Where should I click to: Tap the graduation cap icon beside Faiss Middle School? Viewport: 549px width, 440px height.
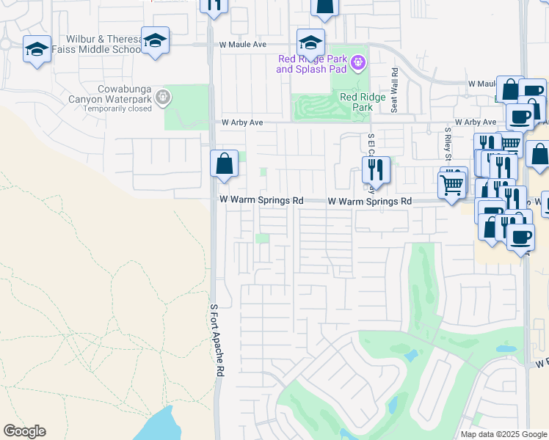(155, 41)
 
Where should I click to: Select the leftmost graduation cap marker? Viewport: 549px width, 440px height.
(37, 49)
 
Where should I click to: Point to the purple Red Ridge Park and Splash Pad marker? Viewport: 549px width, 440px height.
(357, 62)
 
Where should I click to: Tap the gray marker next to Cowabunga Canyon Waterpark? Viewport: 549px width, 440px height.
(163, 95)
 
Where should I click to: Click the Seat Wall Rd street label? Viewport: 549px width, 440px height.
(394, 91)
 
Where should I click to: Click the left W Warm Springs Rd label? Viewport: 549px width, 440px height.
(261, 200)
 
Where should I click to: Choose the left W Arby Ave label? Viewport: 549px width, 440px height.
(236, 122)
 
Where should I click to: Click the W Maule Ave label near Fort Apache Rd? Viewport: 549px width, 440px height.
(242, 45)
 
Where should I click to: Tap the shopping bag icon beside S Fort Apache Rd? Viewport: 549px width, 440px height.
(224, 164)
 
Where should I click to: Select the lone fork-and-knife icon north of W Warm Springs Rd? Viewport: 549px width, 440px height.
(375, 170)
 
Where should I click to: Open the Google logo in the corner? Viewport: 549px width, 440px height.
(24, 431)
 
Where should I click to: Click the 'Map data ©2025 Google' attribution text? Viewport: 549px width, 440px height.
(503, 434)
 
